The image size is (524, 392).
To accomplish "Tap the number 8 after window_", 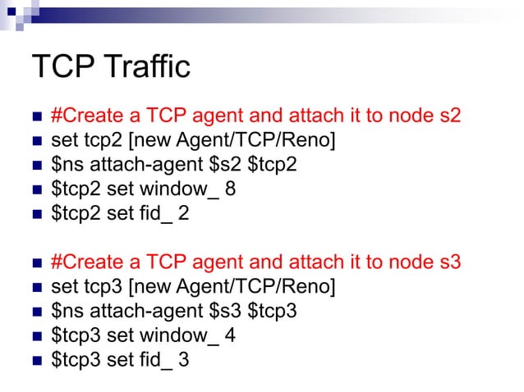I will tap(231, 190).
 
